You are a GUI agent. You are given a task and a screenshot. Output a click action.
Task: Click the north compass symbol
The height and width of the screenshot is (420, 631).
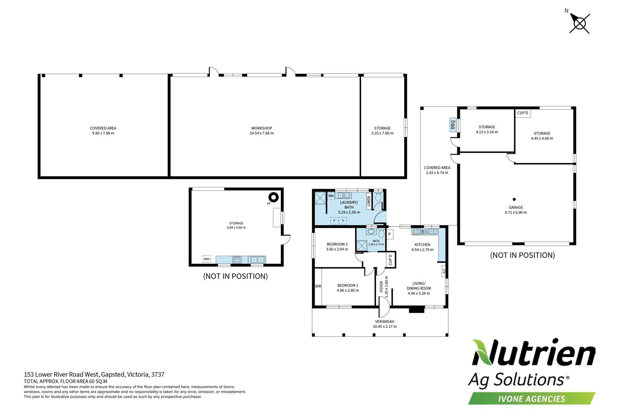579,23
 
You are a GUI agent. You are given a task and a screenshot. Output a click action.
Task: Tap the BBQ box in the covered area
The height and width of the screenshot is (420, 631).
453,125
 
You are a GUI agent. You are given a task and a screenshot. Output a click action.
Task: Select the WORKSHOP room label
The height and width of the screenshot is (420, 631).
262,128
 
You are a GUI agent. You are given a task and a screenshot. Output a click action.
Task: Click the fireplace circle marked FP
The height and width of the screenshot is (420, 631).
273,197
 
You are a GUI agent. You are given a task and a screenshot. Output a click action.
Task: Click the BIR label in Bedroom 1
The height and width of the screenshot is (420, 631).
318,286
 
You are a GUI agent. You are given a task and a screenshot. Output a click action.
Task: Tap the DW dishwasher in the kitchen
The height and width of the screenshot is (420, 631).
423,232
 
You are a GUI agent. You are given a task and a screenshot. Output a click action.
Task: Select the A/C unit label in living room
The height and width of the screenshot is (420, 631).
444,271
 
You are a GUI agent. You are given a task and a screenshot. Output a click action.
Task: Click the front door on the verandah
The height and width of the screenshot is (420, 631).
384,307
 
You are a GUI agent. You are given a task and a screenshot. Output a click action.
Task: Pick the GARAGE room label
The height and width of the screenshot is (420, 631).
516,207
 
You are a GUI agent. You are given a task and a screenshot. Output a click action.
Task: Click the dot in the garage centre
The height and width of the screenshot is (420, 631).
514,199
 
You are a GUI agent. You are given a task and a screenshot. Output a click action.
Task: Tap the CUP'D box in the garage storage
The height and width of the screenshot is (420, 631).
523,113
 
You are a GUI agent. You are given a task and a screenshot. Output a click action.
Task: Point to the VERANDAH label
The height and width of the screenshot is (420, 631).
385,322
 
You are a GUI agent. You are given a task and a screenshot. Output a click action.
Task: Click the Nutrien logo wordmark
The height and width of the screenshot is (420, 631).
533,353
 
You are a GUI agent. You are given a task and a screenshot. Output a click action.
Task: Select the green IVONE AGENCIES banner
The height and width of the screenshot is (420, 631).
532,399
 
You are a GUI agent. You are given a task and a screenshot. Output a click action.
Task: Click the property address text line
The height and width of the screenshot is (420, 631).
94,374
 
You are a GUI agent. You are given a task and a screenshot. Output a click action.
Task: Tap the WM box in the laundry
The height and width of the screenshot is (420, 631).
331,196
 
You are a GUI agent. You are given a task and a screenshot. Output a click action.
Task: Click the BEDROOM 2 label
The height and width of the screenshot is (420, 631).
337,244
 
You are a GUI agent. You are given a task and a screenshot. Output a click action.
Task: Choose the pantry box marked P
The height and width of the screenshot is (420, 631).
389,234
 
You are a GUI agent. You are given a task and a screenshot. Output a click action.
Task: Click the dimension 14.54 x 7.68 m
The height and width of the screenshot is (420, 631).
262,133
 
